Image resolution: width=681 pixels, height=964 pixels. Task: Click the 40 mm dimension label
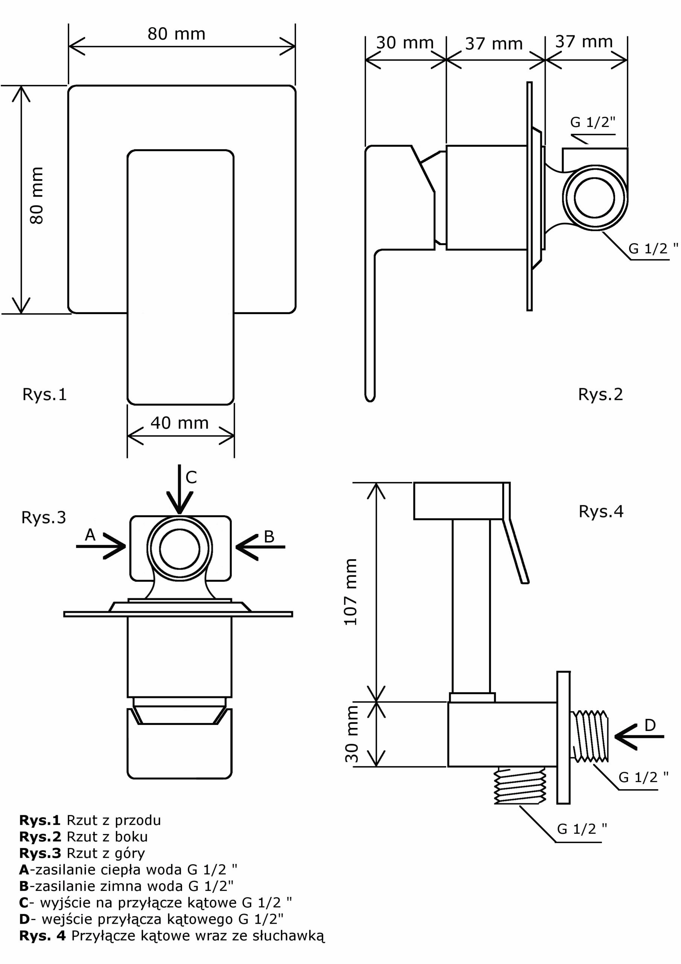click(179, 423)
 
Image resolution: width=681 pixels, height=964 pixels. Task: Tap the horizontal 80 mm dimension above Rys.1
click(176, 34)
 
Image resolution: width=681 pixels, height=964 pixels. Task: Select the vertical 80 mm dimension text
click(36, 196)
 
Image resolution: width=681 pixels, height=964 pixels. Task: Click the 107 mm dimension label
click(350, 592)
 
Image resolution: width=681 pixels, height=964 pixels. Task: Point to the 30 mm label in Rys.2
click(404, 43)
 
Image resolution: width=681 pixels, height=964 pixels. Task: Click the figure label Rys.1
click(44, 395)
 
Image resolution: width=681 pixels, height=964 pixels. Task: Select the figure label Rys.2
click(600, 395)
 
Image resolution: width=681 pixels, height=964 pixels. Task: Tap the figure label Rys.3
click(44, 518)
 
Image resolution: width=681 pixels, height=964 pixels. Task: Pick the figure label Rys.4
click(601, 511)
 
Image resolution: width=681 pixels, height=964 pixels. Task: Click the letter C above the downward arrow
click(191, 477)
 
